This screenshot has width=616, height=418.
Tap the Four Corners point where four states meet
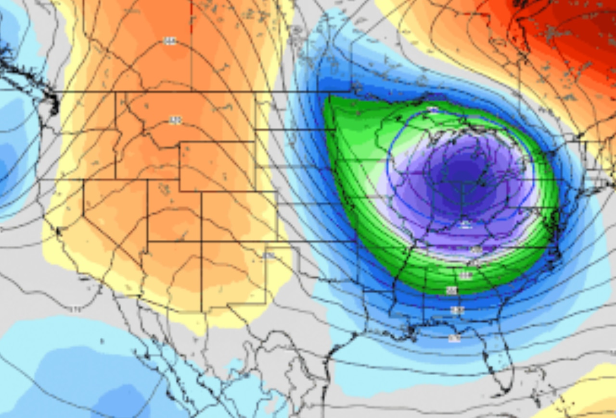coord(201,241)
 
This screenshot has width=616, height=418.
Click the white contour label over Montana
coord(175,120)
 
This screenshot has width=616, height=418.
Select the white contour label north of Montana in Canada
coord(169,41)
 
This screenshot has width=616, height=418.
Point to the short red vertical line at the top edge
coord(191,10)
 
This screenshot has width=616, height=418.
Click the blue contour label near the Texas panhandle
coord(269,255)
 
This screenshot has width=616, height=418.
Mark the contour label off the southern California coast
coord(75,310)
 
